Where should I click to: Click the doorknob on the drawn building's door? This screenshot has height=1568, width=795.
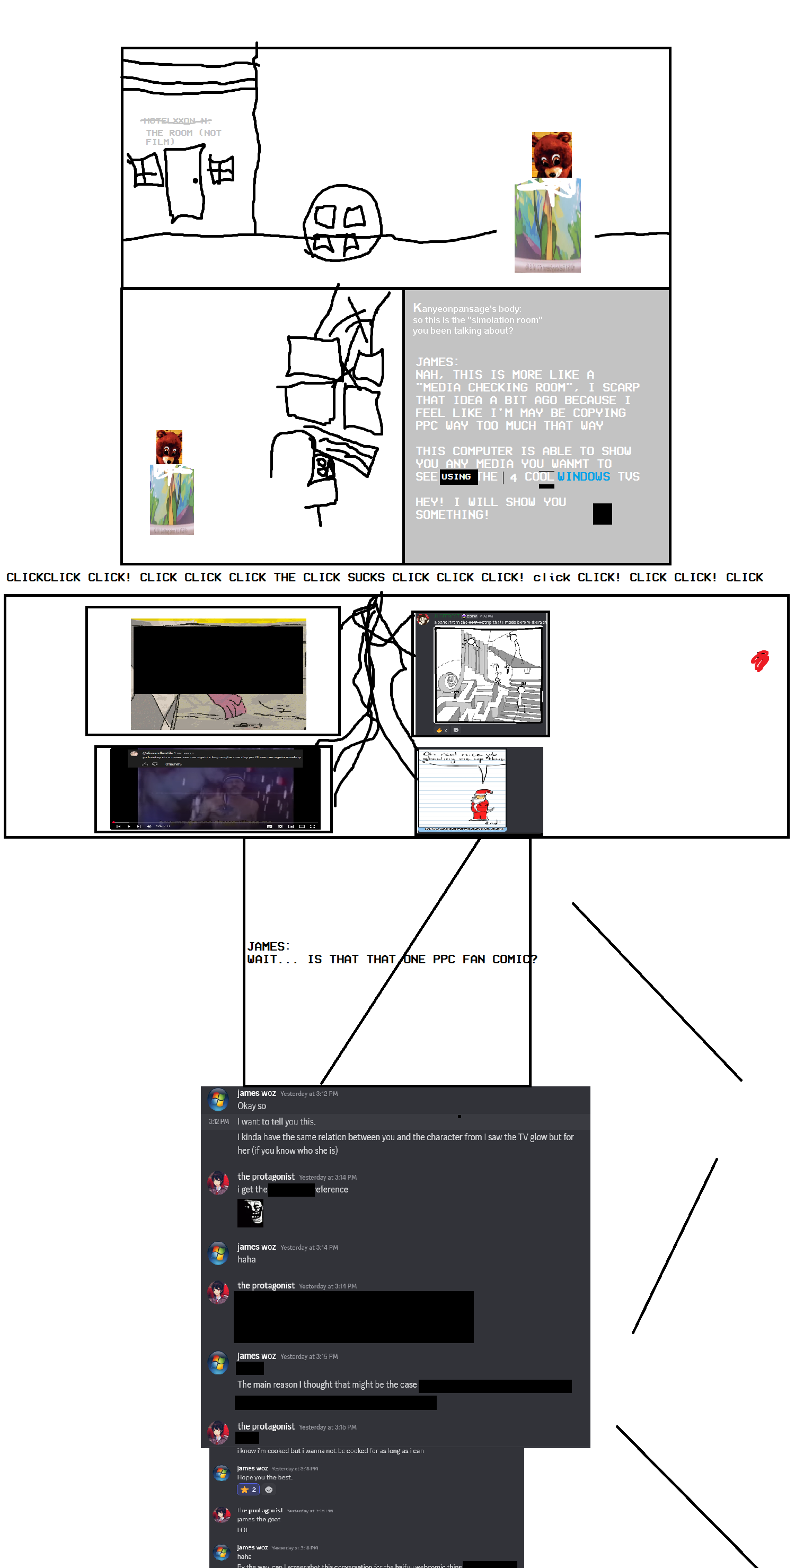pyautogui.click(x=195, y=180)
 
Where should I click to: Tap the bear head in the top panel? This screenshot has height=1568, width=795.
pyautogui.click(x=552, y=154)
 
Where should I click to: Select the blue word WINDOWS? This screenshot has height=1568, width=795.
pyautogui.click(x=584, y=477)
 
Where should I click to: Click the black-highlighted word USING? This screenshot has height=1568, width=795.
pyautogui.click(x=456, y=477)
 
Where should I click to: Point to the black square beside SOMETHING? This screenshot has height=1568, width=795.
pyautogui.click(x=602, y=514)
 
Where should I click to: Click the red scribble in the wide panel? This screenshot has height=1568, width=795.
pyautogui.click(x=759, y=660)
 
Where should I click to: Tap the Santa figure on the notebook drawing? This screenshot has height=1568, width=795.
pyautogui.click(x=481, y=804)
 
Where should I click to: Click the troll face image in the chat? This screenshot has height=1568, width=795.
pyautogui.click(x=250, y=1213)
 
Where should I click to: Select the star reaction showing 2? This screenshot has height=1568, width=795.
pyautogui.click(x=248, y=1489)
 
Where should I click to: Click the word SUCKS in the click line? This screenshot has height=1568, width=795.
pyautogui.click(x=366, y=577)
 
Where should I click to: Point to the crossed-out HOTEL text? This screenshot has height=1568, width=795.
pyautogui.click(x=176, y=120)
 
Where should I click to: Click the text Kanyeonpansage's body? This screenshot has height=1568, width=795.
pyautogui.click(x=467, y=308)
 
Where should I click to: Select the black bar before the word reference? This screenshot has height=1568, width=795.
pyautogui.click(x=291, y=1189)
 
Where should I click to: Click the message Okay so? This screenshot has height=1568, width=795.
pyautogui.click(x=251, y=1106)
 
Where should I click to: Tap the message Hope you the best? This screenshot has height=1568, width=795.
pyautogui.click(x=264, y=1477)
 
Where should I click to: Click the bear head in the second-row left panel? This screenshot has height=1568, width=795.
pyautogui.click(x=169, y=447)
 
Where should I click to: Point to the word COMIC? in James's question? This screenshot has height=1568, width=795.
pyautogui.click(x=515, y=959)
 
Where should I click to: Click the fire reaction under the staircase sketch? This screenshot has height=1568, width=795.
pyautogui.click(x=439, y=730)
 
